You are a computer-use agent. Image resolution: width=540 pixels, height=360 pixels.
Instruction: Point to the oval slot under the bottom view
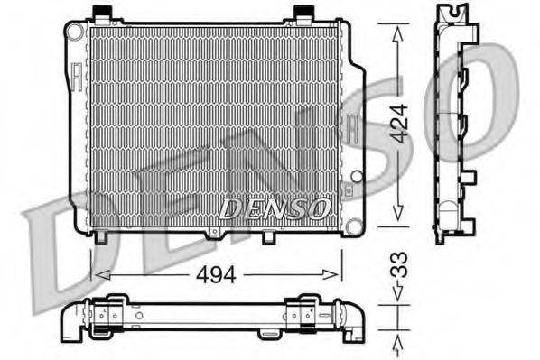pyautogui.click(x=268, y=334)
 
